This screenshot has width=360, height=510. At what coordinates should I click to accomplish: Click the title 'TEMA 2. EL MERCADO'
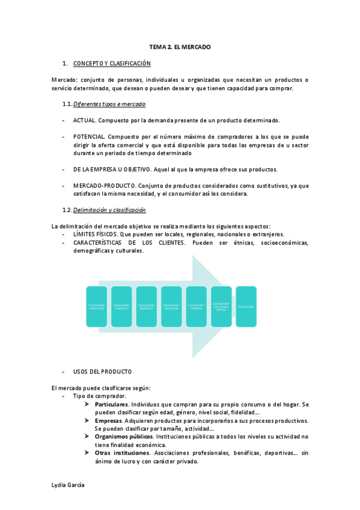180,46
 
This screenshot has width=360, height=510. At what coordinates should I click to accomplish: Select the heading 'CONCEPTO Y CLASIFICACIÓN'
112,63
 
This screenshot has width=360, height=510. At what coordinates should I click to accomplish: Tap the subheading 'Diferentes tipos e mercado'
105,104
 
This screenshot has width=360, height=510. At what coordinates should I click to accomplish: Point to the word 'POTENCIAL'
90,137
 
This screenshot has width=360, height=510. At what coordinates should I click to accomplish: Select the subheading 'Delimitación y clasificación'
109,209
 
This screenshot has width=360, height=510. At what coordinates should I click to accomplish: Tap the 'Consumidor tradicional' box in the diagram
96,307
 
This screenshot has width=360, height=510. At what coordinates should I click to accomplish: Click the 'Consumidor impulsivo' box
121,307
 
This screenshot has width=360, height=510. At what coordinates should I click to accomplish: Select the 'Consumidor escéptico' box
147,307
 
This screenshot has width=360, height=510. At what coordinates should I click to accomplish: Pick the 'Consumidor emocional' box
171,307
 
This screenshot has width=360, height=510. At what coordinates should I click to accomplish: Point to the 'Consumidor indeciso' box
197,307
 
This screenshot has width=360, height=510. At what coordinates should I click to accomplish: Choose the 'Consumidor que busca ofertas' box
221,307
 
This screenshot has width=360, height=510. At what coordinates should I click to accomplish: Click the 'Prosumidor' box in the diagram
246,307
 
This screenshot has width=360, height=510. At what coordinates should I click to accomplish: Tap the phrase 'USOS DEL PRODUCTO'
102,371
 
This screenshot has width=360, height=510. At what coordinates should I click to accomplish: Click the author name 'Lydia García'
68,485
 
